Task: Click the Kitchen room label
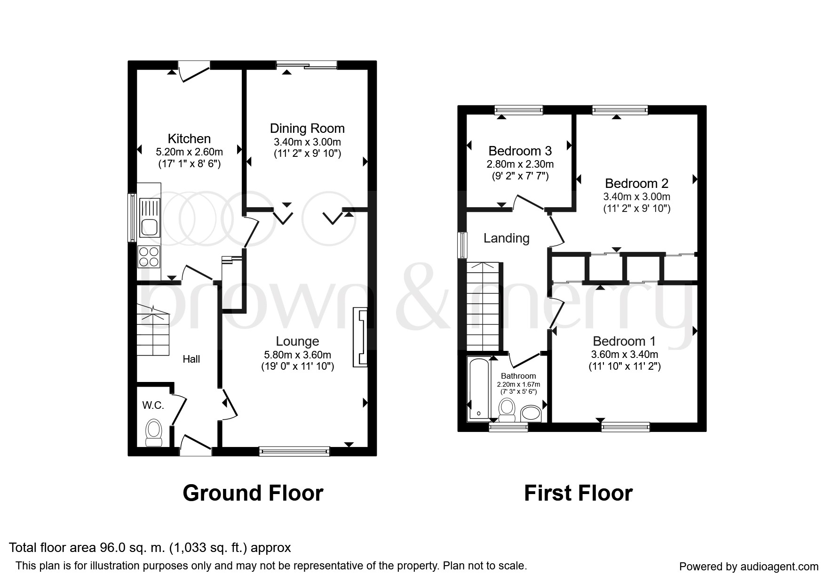point(189,138)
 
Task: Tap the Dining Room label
point(307,128)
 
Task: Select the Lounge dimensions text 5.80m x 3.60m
point(297,355)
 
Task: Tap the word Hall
point(191,359)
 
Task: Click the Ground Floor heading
point(253,493)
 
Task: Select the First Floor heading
point(578,493)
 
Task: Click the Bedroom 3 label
point(520,151)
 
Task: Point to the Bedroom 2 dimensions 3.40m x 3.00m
point(637,197)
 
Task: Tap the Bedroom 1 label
point(625,341)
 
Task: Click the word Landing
point(507,238)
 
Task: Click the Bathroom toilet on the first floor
point(507,410)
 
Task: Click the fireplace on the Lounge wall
point(360,337)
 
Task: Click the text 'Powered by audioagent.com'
point(749,567)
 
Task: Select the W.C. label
point(153,405)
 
